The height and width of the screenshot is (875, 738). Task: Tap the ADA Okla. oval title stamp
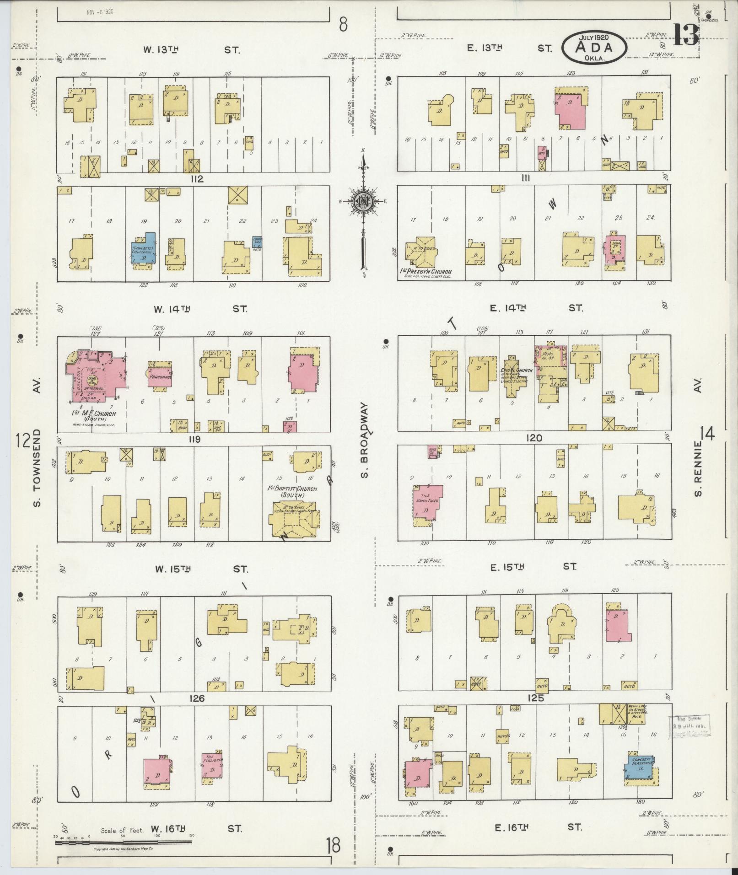point(594,47)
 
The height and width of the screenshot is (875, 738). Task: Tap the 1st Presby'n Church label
point(426,272)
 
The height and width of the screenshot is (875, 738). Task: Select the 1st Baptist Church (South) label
point(292,492)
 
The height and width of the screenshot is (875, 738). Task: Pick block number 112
point(198,179)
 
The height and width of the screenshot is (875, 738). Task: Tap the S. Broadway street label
point(364,440)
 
